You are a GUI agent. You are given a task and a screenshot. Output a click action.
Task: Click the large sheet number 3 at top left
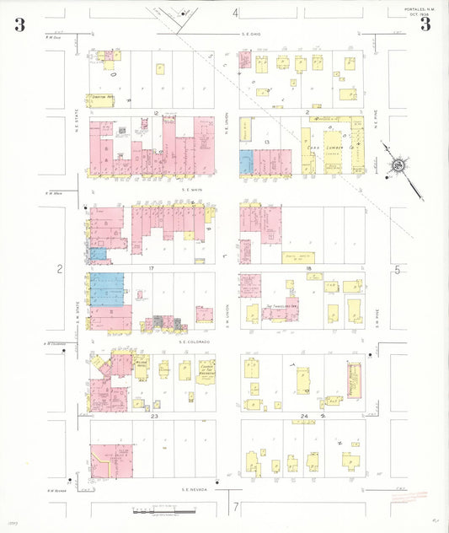pos(19,24)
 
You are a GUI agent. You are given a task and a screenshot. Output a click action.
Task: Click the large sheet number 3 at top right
pos(425,24)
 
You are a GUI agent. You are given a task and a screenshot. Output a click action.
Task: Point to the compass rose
pos(397,165)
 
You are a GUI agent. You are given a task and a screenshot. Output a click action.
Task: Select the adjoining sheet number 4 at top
pos(236,13)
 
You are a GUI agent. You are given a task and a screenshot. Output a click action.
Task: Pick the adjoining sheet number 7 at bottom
pos(237,506)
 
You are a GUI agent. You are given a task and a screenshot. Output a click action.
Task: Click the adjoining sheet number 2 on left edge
pos(60,269)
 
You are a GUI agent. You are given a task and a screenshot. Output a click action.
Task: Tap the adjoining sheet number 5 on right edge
pos(396,270)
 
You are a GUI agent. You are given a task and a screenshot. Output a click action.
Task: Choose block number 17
pos(152,268)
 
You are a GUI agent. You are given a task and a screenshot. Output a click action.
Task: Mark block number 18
pos(308,268)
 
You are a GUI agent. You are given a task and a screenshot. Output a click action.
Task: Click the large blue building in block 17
pos(107,288)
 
